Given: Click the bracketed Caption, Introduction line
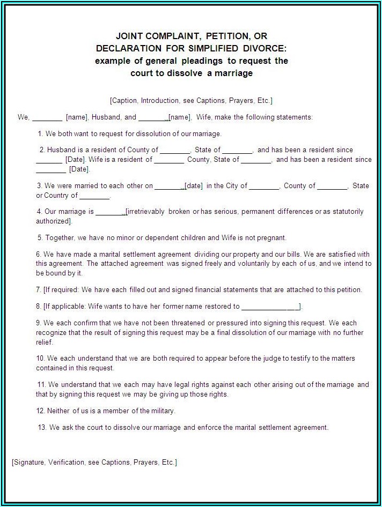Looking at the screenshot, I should [191, 100].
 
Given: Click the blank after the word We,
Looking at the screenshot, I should [47, 117].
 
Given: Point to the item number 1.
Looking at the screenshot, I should [40, 133].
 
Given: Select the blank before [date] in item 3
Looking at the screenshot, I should [168, 186].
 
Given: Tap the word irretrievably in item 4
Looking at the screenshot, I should [145, 212].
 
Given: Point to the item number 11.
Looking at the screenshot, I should [41, 384].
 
